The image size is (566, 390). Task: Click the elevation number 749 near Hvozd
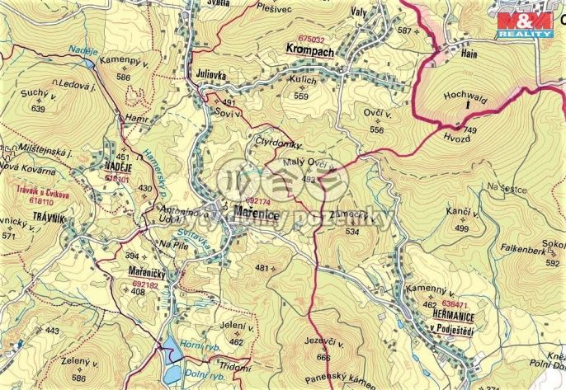[470, 131]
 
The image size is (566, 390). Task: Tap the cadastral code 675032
[312, 39]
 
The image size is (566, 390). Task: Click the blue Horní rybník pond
[172, 351]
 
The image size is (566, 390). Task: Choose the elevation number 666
[323, 357]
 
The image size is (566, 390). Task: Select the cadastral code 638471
[455, 305]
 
